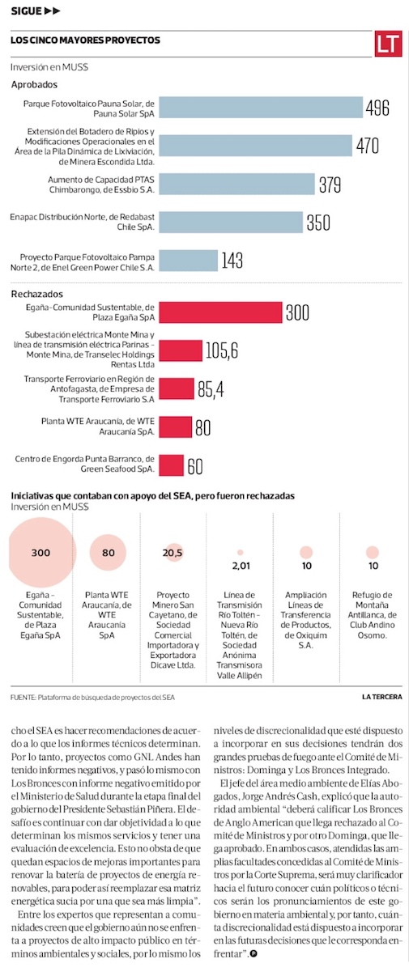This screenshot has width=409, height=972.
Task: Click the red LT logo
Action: point(387,44)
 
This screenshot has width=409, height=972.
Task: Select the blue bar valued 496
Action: point(261,107)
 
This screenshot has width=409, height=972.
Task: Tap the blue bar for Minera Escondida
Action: point(255,146)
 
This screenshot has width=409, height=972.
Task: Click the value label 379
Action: point(330,185)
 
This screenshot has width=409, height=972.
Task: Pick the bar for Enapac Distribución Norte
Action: point(231,223)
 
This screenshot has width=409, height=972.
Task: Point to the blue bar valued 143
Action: point(188,261)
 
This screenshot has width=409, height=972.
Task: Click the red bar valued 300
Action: point(220,312)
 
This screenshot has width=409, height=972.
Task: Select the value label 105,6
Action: point(222,350)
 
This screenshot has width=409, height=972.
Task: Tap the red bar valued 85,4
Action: point(177,388)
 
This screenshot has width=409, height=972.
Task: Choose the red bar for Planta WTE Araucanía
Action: point(175,427)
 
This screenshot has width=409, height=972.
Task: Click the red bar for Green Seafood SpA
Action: point(171,465)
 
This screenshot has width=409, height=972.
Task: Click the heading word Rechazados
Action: point(37,294)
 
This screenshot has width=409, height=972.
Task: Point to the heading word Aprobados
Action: point(34,85)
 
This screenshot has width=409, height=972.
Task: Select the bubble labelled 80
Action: point(108,553)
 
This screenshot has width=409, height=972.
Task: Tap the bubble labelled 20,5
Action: point(173,553)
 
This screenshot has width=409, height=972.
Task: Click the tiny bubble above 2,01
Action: point(240,553)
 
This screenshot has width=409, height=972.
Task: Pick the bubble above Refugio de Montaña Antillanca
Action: point(373,553)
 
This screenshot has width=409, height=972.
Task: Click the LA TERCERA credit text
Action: point(382,697)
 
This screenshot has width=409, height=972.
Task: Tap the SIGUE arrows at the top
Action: point(53,11)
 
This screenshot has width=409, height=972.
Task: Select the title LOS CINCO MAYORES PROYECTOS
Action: point(86,40)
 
